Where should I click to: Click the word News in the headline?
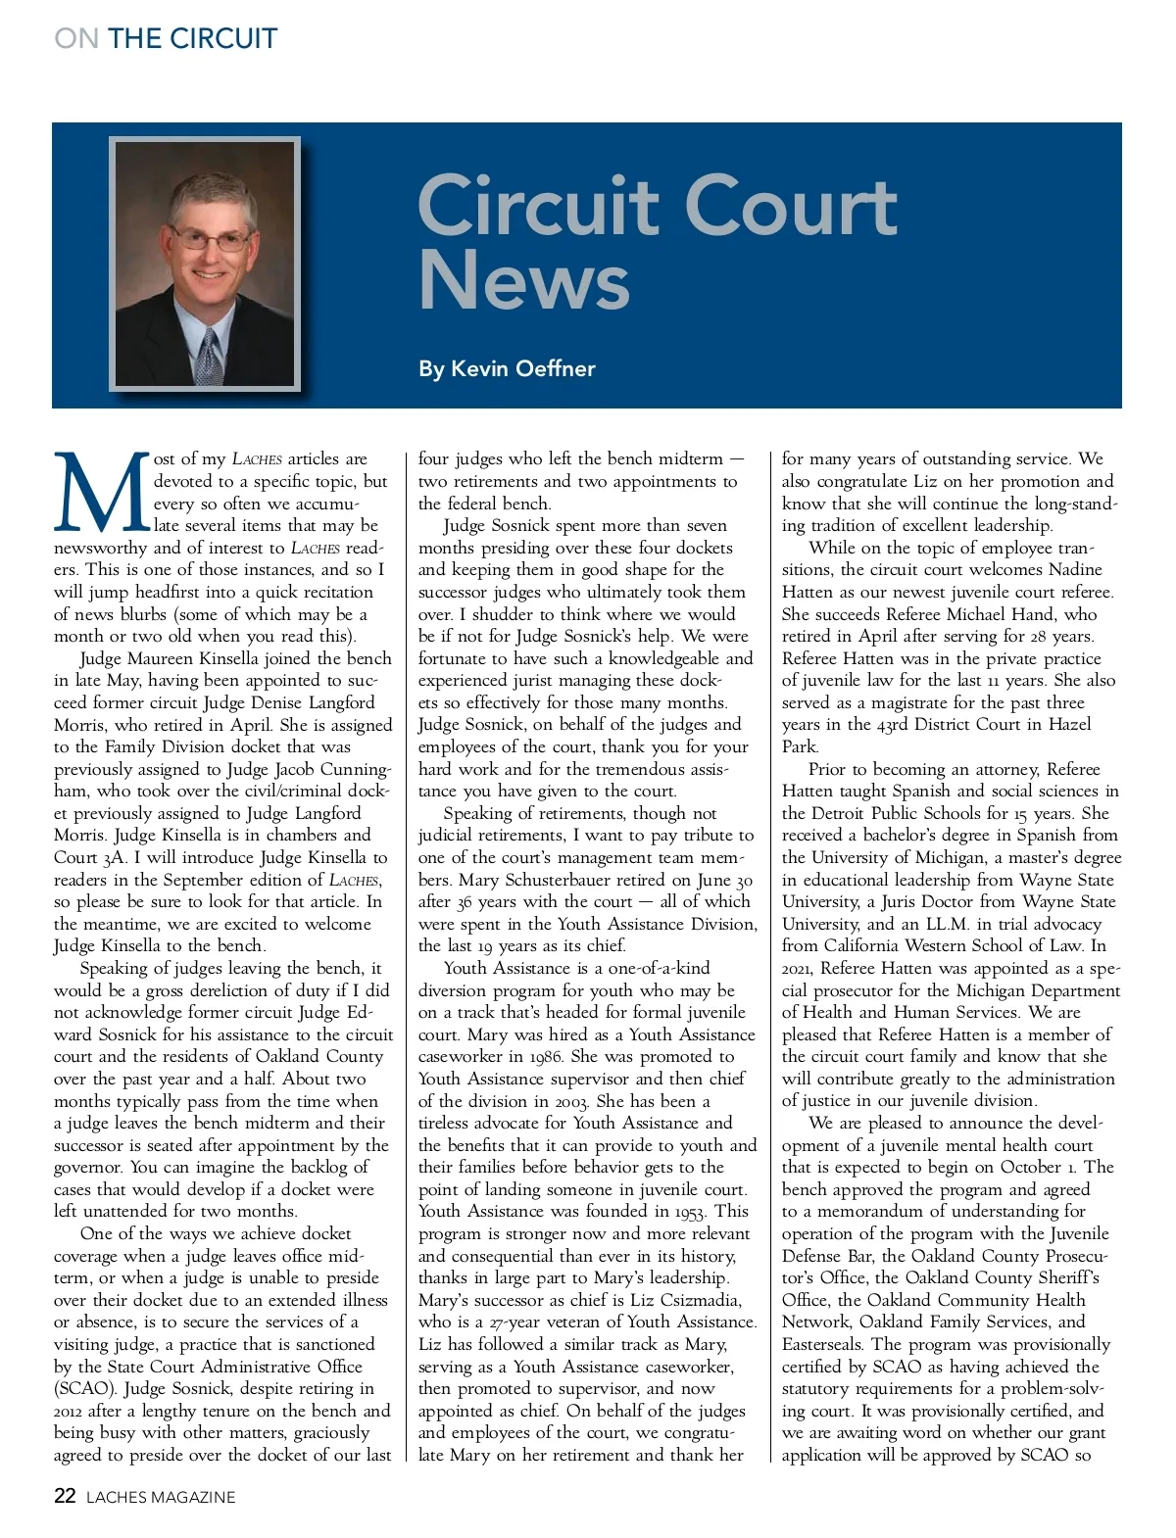(x=523, y=280)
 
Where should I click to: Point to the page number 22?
(x=65, y=1496)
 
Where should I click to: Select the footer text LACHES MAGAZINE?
(x=161, y=1497)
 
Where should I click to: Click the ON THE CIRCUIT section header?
(x=166, y=38)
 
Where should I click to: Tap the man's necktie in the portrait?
(x=209, y=358)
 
